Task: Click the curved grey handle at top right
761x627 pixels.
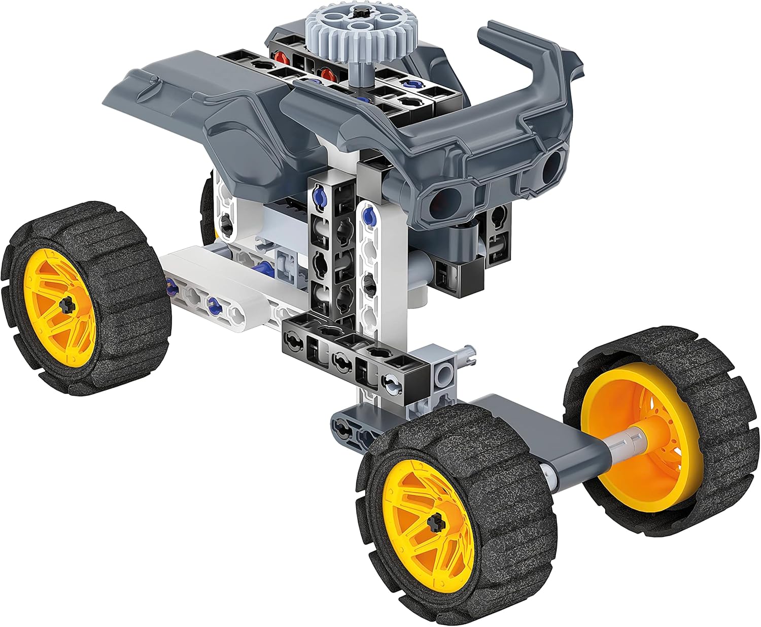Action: click(528, 66)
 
